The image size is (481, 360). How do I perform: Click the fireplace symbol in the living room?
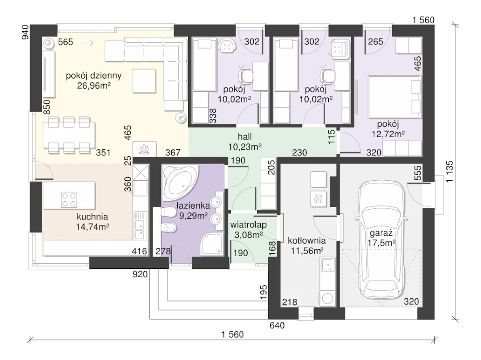click(x=144, y=149)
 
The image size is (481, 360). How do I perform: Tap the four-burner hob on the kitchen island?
click(x=69, y=200)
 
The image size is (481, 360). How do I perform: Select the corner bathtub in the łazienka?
click(x=180, y=183)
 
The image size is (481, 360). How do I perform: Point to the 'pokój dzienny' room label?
click(x=94, y=76)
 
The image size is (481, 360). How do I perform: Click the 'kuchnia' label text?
click(x=92, y=217)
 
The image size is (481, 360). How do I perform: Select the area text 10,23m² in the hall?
click(x=245, y=147)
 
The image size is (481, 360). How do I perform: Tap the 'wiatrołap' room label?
click(x=248, y=225)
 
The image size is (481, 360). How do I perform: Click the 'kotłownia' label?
click(x=307, y=241)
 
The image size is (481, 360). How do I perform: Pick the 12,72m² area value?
click(x=388, y=134)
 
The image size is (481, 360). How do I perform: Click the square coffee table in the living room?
click(x=144, y=81)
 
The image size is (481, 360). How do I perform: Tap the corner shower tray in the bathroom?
click(x=212, y=244)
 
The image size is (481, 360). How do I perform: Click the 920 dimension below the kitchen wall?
click(x=140, y=274)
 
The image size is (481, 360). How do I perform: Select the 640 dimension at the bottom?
click(x=277, y=325)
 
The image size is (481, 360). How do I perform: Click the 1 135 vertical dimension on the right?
click(x=449, y=172)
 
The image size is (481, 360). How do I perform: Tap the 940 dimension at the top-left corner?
click(x=26, y=32)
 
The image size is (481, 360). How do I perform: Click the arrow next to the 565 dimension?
click(x=87, y=43)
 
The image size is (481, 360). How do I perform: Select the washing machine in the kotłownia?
click(x=328, y=298)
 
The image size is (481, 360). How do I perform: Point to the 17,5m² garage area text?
click(x=381, y=243)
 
